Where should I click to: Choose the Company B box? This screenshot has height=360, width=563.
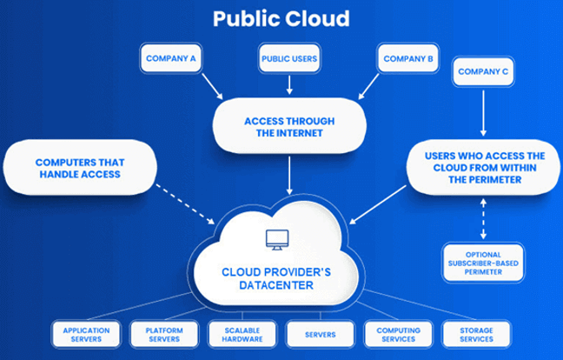404,59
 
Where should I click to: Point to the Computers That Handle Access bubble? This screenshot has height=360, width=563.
81,169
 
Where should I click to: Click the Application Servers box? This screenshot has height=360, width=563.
86,334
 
